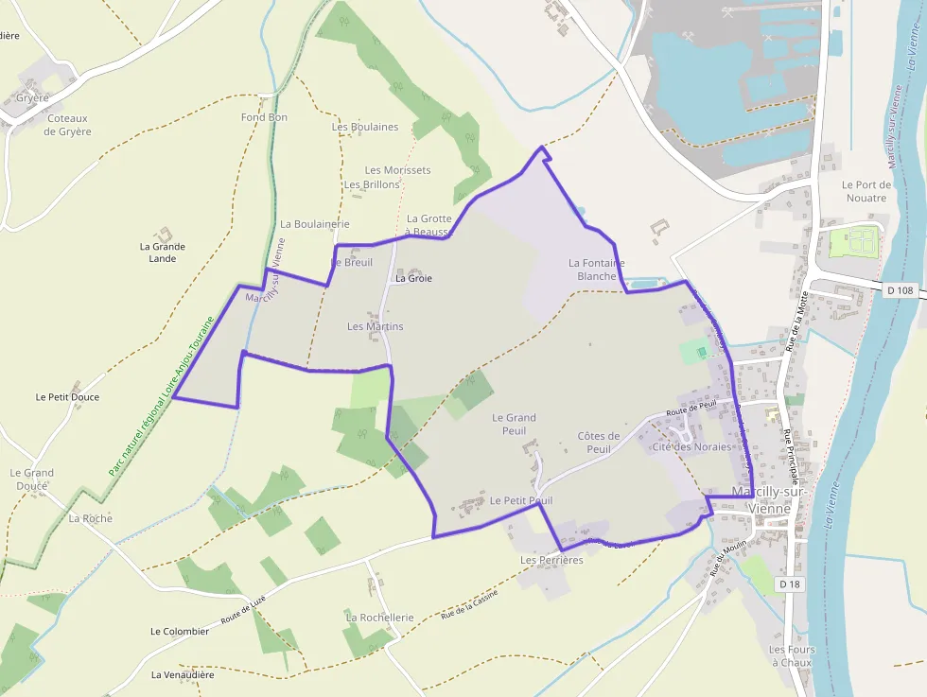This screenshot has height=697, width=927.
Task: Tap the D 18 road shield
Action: pos(791,584)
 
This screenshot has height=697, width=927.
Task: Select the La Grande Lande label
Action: pos(163,253)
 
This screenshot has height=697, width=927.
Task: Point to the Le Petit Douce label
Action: pos(67,397)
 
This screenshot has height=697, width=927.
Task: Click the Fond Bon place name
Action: pos(264,117)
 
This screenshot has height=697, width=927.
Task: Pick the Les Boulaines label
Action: pos(365,127)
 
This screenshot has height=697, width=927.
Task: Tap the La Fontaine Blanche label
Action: pos(596,270)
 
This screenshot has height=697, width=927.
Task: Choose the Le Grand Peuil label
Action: pos(514,424)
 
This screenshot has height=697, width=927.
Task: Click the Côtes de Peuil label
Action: pos(598,443)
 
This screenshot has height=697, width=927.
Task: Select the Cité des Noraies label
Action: pos(691,447)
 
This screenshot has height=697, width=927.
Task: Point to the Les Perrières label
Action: pos(551,560)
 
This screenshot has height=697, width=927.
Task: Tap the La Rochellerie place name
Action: pos(379,618)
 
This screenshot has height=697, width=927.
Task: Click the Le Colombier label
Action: pos(180,631)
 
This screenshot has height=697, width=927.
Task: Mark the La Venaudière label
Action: pos(183,675)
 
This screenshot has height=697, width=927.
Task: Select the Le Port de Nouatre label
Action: pos(865,191)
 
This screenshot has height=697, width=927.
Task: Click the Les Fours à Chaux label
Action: pos(791,656)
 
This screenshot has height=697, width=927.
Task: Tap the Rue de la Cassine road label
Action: pos(469,611)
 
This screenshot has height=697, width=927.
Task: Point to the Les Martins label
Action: pos(375,326)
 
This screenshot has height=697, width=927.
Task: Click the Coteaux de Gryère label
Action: pos(68,125)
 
